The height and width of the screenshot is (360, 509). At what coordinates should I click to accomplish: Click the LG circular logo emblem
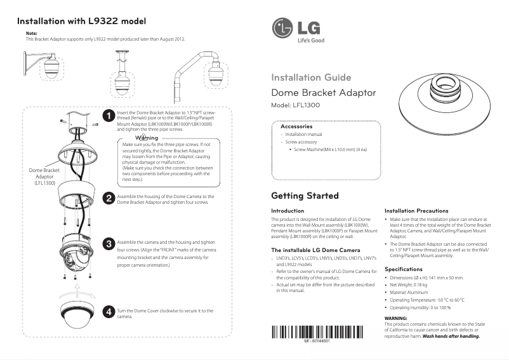(x=282, y=29)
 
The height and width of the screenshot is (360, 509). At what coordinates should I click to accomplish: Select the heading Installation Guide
(x=311, y=77)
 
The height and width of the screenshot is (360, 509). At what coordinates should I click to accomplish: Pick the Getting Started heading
(x=305, y=196)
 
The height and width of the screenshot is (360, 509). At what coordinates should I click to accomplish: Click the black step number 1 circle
(x=109, y=116)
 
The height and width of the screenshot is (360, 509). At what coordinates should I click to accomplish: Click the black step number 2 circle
(x=109, y=198)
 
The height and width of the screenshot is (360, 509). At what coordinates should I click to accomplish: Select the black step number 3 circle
(x=109, y=244)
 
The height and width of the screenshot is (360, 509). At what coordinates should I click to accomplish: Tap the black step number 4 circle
(x=109, y=312)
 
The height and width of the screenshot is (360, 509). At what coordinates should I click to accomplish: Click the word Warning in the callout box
(x=146, y=138)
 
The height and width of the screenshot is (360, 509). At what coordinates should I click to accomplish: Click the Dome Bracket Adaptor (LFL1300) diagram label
(x=44, y=177)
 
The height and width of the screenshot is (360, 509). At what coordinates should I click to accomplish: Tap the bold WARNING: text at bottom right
(x=397, y=317)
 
